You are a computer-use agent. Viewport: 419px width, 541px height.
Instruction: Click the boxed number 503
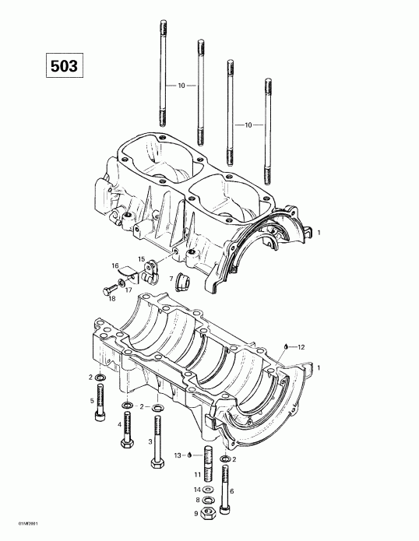pyautogui.click(x=63, y=65)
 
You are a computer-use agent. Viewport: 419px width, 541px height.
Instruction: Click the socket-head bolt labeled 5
pyautogui.click(x=99, y=404)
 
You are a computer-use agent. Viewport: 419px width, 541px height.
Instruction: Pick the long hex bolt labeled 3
pyautogui.click(x=158, y=441)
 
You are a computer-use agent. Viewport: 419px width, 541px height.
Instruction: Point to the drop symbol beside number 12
pyautogui.click(x=286, y=345)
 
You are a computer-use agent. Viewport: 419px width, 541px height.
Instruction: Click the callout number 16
pyautogui.click(x=114, y=265)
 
